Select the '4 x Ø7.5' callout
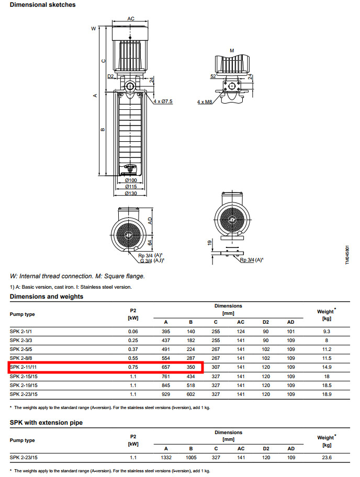[x=163, y=101]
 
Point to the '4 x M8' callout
[x=205, y=101]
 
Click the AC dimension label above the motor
[x=131, y=19]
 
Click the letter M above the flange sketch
[x=232, y=50]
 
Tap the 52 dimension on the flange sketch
[x=213, y=76]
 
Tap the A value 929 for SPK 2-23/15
[x=166, y=394]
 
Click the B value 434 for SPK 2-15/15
[x=190, y=377]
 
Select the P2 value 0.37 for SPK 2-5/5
[x=133, y=349]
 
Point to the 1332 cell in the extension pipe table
[x=166, y=458]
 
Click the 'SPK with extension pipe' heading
[x=46, y=422]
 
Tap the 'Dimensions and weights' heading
[x=47, y=297]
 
